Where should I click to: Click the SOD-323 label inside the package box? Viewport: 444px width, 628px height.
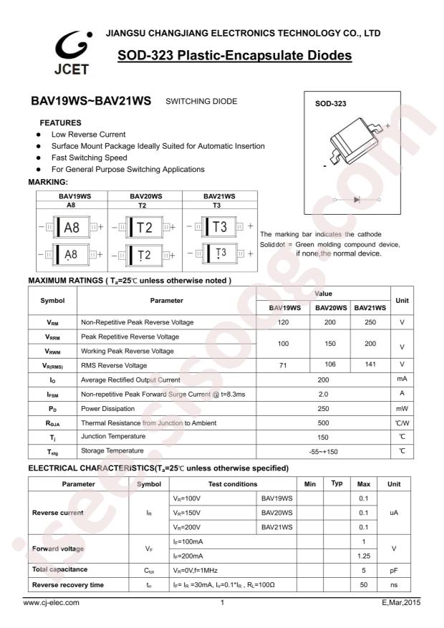click(331, 104)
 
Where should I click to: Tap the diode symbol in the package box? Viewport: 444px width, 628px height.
click(357, 199)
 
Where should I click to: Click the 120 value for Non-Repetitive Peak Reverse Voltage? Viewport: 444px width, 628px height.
click(284, 322)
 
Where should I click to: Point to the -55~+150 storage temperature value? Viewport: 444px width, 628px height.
click(323, 451)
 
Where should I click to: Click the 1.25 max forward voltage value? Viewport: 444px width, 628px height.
click(363, 555)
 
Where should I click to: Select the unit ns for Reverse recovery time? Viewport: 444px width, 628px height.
click(393, 585)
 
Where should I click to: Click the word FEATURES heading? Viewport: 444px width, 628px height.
click(60, 122)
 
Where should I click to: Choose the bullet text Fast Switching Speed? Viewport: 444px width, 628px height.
click(89, 158)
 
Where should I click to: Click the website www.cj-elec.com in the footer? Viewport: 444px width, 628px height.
click(52, 603)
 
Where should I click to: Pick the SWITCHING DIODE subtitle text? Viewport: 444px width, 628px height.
click(201, 102)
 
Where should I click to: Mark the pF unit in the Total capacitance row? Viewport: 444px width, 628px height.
click(393, 570)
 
